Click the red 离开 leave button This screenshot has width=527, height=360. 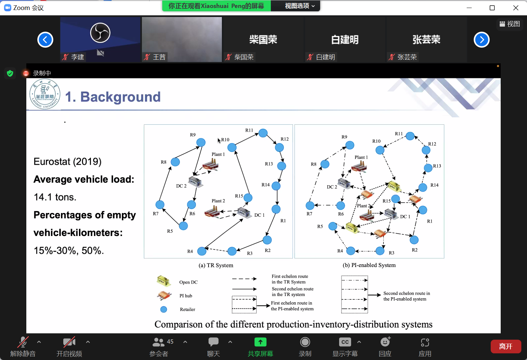[506, 346]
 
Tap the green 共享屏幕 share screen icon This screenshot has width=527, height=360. [260, 342]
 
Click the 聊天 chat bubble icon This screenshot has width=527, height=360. [214, 342]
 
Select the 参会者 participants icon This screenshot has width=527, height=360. [158, 342]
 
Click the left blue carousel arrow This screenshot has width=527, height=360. [45, 40]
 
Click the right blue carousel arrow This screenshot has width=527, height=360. [481, 40]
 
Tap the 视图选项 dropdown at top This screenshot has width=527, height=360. [299, 6]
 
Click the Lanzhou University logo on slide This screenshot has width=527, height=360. [45, 94]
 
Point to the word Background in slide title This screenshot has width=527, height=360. [121, 97]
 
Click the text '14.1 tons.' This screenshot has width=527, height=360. [55, 197]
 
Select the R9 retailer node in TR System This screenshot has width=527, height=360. [201, 142]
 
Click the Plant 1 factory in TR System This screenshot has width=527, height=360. [211, 164]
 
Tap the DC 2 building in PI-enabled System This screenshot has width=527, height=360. [344, 183]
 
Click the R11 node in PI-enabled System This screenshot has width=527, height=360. [410, 136]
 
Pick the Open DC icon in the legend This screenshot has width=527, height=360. [164, 281]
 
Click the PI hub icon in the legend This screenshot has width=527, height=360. [164, 295]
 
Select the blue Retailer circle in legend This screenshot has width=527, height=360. [164, 309]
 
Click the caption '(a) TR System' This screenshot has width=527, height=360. [216, 265]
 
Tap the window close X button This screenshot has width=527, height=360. [516, 8]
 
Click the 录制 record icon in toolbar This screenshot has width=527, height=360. [305, 342]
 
